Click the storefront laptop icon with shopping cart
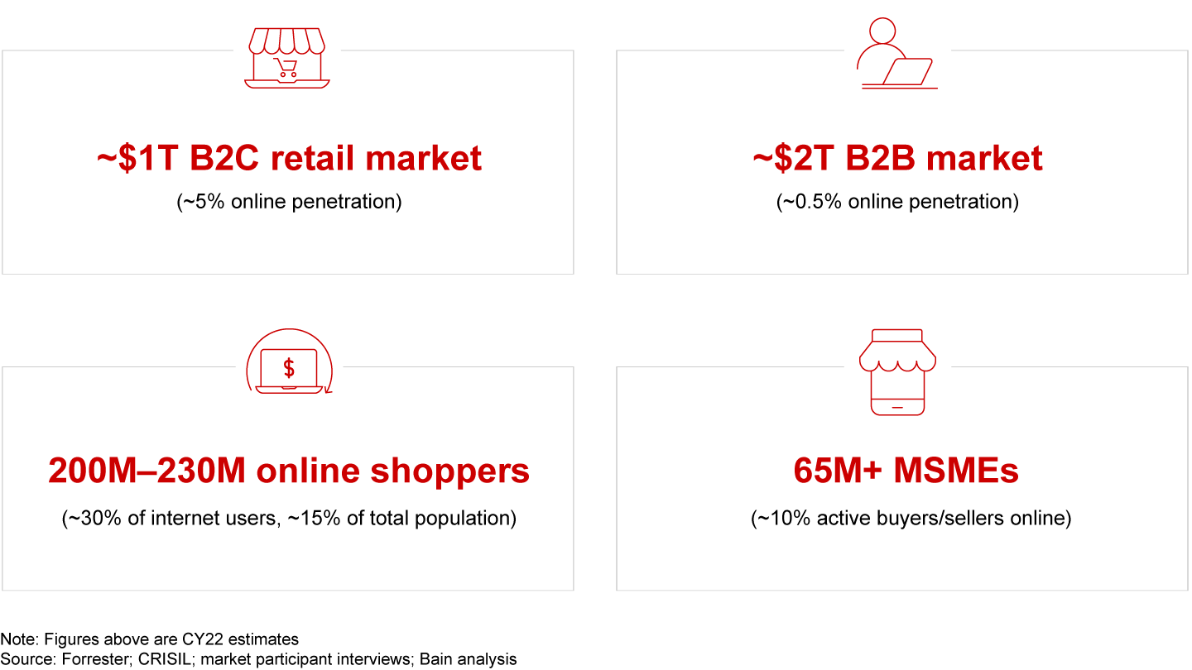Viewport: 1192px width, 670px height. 287,58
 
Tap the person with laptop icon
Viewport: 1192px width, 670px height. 897,53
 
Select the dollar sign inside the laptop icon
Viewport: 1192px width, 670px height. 289,368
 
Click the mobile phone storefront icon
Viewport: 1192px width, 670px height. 897,372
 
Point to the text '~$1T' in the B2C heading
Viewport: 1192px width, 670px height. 137,159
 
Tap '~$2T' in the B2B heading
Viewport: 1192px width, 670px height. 793,159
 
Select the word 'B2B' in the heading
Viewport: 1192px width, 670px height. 880,159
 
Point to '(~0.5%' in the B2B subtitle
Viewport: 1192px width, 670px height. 809,202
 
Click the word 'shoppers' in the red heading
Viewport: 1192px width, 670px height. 450,471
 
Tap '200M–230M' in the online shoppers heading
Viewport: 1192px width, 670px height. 147,471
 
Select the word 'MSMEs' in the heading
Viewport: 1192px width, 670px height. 956,471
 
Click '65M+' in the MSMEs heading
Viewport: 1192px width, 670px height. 838,471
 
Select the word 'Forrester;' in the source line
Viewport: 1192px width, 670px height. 96,659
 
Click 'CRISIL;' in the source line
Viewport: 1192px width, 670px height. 165,659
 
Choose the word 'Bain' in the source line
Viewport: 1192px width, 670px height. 435,659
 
